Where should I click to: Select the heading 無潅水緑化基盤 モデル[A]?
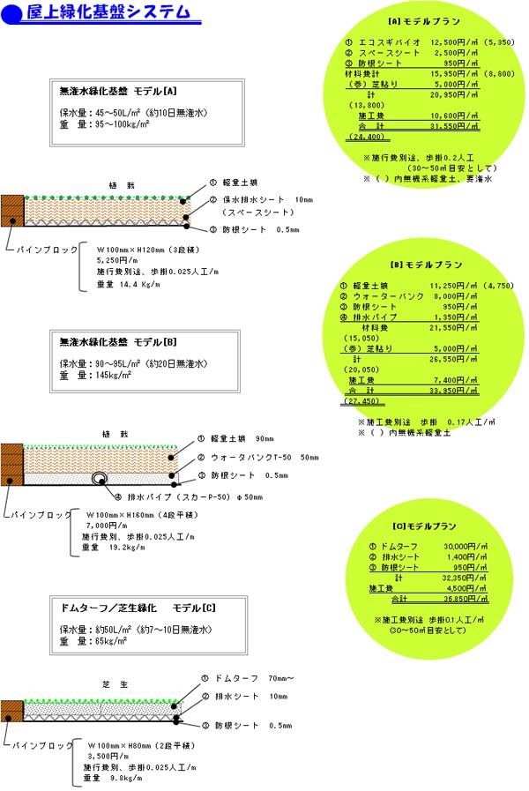tap(118, 91)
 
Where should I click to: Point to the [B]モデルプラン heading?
tap(425, 265)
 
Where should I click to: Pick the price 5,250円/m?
tap(113, 261)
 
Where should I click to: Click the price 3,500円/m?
tap(106, 756)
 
